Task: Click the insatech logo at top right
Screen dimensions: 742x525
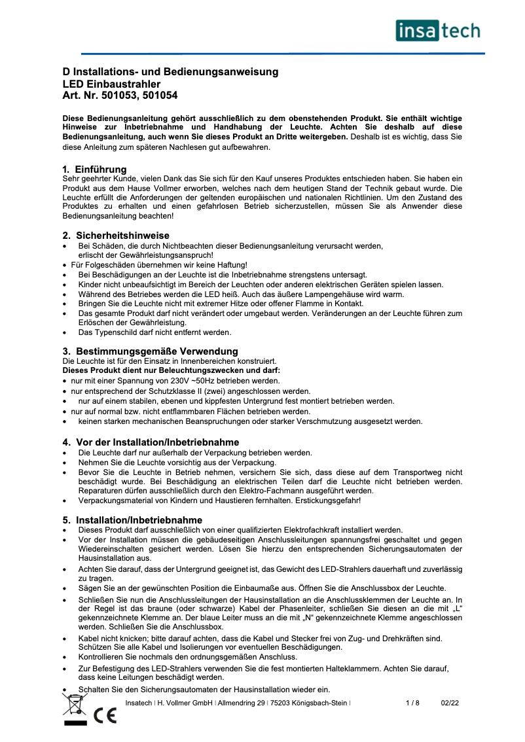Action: click(438, 30)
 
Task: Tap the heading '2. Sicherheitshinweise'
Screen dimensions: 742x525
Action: click(117, 236)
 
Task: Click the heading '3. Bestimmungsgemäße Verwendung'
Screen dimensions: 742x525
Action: click(151, 351)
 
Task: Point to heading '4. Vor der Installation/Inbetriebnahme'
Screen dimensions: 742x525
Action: click(151, 442)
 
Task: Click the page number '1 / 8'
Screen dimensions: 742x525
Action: click(412, 703)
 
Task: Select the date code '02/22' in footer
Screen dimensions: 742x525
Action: click(450, 703)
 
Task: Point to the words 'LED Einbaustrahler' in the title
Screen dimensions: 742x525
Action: click(111, 84)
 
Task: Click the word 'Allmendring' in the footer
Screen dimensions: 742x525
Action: click(238, 703)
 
